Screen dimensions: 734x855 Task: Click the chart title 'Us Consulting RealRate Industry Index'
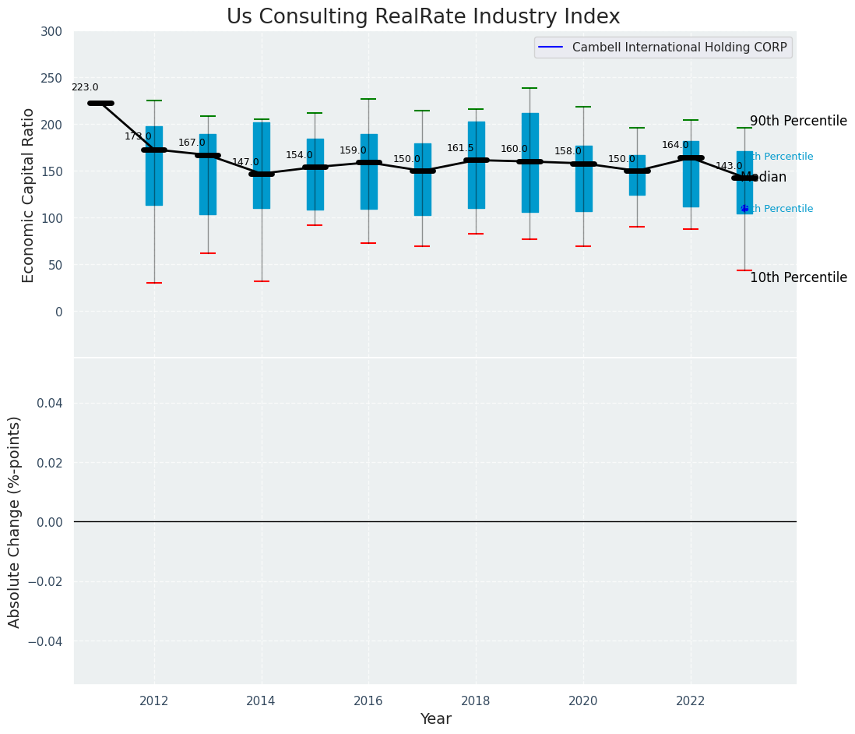(x=423, y=17)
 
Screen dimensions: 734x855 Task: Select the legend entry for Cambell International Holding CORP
(x=663, y=48)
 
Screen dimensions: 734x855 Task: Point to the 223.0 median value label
(x=85, y=88)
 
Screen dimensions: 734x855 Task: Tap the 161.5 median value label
(x=460, y=148)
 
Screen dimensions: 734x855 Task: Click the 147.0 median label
(x=245, y=162)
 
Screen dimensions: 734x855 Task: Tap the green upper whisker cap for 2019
(x=530, y=88)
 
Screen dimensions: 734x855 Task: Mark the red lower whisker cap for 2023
(x=744, y=270)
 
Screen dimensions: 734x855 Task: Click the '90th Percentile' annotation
(x=798, y=122)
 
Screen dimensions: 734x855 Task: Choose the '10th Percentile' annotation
(x=798, y=278)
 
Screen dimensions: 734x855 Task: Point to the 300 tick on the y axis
(x=52, y=31)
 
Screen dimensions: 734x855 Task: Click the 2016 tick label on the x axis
(x=368, y=700)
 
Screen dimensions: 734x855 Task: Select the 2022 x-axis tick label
(x=691, y=700)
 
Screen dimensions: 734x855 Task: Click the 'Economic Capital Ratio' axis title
(x=29, y=195)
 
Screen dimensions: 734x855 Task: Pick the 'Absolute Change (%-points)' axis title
(x=15, y=521)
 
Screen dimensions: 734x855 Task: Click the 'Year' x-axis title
(x=435, y=719)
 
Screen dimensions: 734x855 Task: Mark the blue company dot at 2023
(x=744, y=209)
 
